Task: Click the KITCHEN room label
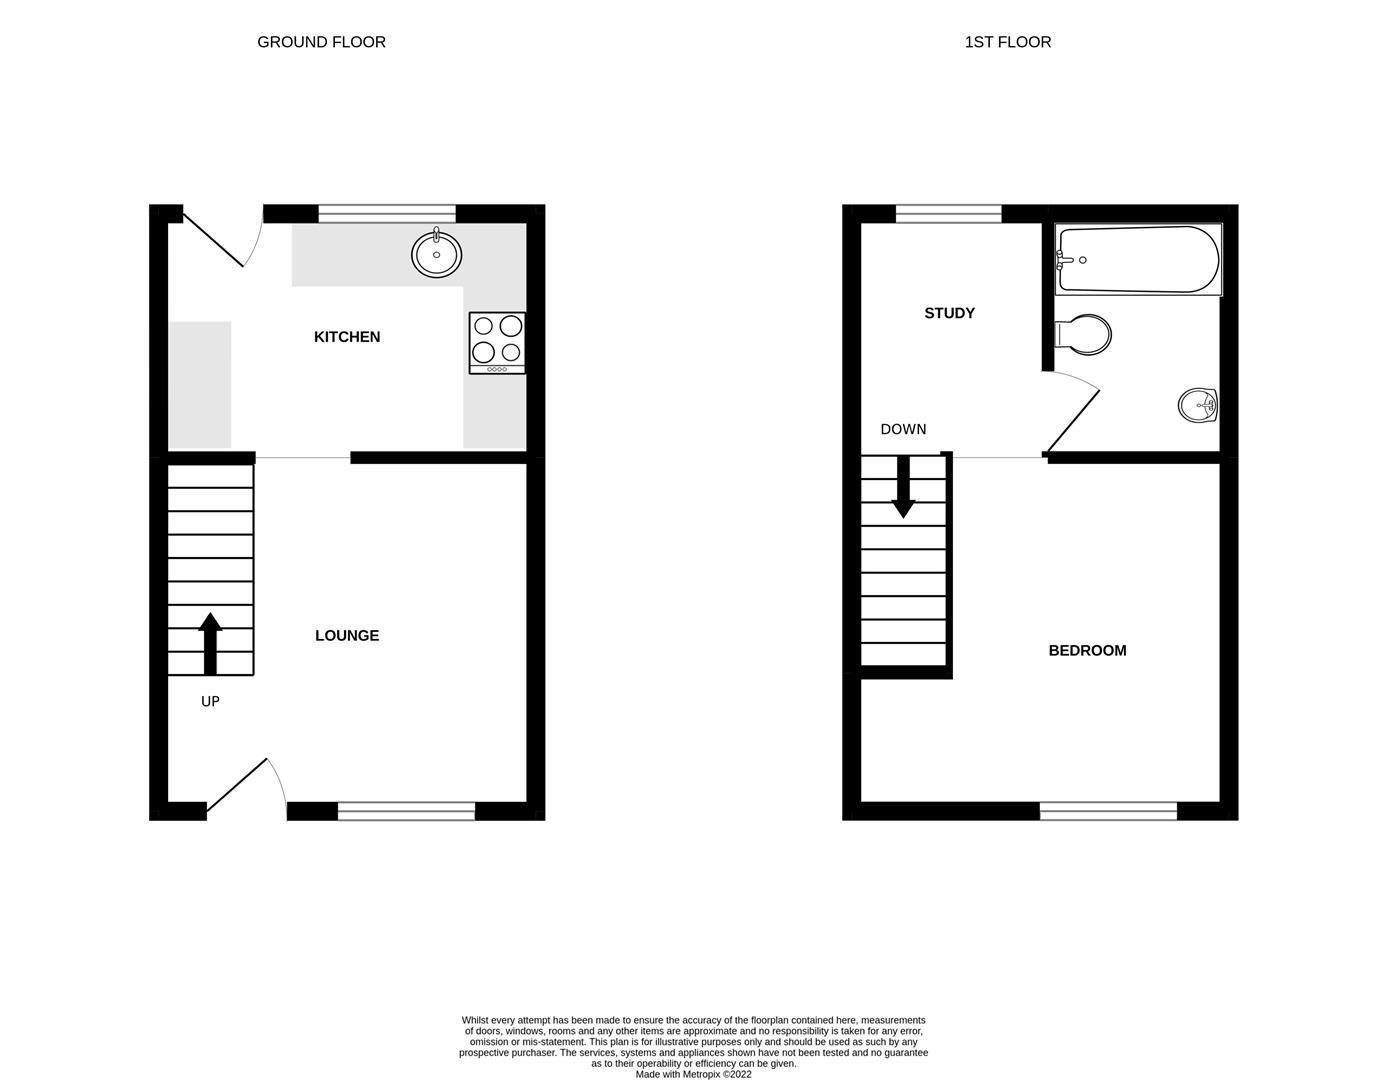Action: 347,337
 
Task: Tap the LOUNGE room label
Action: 347,636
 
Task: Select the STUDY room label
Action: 949,313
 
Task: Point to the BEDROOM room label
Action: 1087,651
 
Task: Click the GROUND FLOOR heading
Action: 321,42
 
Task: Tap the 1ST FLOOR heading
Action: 1008,42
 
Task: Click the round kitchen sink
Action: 436,254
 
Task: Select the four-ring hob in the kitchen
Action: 497,343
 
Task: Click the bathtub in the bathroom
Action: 1138,260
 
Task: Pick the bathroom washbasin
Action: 1197,406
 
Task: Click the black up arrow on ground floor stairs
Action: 210,643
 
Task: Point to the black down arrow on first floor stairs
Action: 904,487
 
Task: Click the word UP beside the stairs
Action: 210,702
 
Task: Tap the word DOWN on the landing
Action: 903,430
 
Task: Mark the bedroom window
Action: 1108,811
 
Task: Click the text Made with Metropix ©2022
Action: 693,1075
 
